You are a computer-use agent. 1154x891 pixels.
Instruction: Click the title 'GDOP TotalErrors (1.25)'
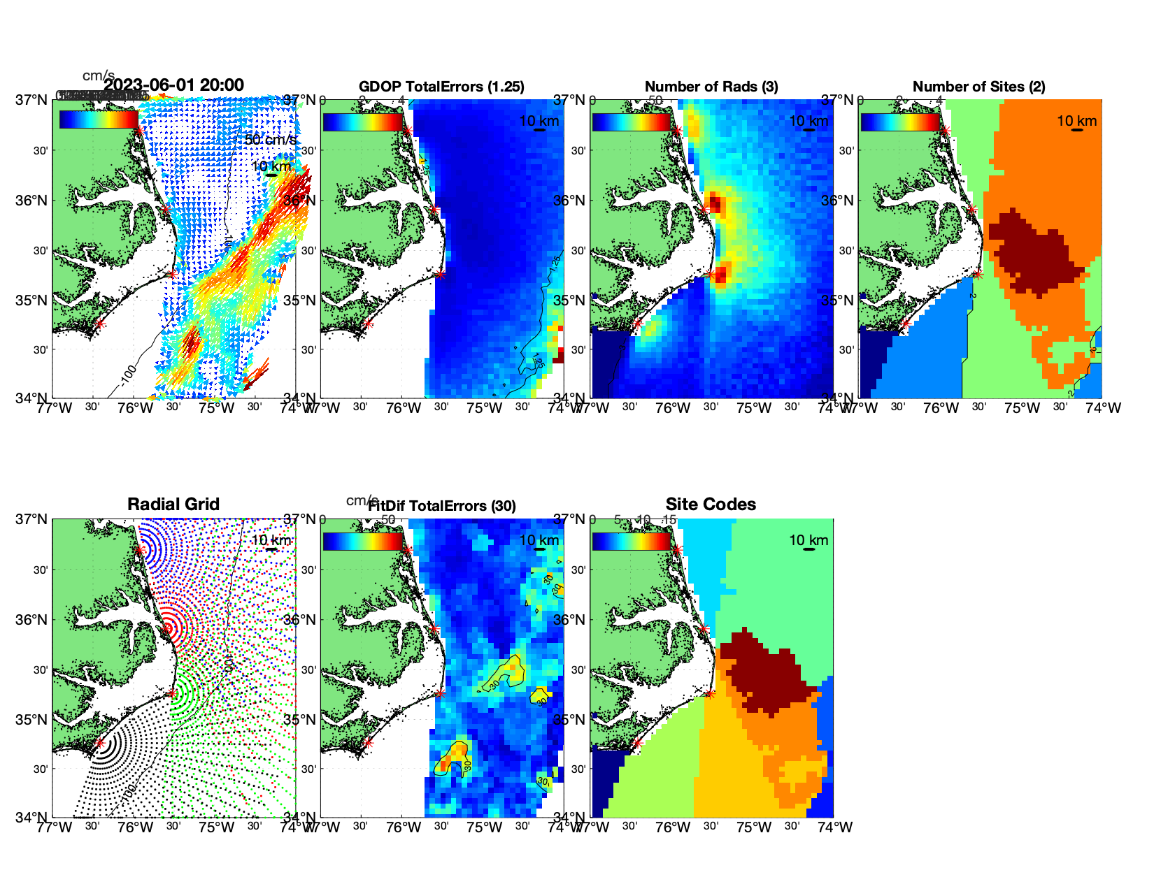point(441,87)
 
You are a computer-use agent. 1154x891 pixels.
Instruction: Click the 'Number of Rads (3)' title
point(711,87)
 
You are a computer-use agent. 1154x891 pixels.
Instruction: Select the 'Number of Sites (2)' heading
point(978,87)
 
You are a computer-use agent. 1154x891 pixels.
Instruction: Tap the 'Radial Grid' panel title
point(173,505)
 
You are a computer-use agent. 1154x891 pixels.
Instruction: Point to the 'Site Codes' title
point(711,505)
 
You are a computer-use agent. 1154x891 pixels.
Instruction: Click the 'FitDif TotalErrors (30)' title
point(442,506)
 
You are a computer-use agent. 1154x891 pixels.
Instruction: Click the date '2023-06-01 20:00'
point(174,85)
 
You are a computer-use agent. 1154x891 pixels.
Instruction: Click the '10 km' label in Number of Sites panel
point(1076,121)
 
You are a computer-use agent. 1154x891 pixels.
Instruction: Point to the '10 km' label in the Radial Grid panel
point(271,540)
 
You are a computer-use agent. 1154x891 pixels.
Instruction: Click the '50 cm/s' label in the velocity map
point(270,140)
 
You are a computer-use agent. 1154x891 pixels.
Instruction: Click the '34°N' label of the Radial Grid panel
point(33,817)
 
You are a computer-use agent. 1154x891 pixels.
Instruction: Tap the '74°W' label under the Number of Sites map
point(1104,408)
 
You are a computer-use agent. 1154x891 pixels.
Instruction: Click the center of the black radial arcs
point(99,744)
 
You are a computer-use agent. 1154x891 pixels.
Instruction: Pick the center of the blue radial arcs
point(139,550)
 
